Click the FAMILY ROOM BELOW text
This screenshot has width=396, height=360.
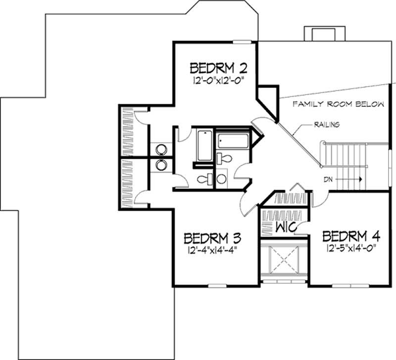point(338,104)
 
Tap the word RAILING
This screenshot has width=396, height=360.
point(326,125)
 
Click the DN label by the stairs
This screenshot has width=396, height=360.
point(329,180)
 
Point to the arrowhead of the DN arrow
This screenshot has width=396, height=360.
point(362,180)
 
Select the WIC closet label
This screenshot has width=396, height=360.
point(286,228)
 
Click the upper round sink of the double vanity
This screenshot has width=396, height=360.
point(161,149)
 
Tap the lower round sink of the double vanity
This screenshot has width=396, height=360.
point(161,165)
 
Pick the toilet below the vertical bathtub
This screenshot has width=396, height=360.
point(202,179)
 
